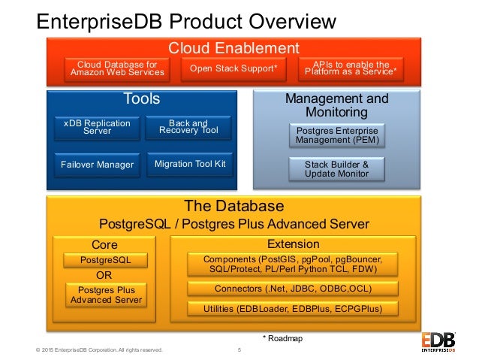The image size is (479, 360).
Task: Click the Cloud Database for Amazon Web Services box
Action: tap(116, 68)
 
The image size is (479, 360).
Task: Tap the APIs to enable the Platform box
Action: tap(350, 68)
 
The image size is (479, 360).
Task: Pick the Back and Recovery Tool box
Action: tap(188, 127)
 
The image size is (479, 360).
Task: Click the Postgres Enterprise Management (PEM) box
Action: tap(336, 135)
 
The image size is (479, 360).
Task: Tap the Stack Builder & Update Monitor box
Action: tap(336, 169)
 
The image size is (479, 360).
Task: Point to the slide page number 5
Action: tap(239, 350)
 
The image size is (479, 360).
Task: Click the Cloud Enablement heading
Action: tap(233, 47)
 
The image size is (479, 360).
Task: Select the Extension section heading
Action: tap(294, 244)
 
